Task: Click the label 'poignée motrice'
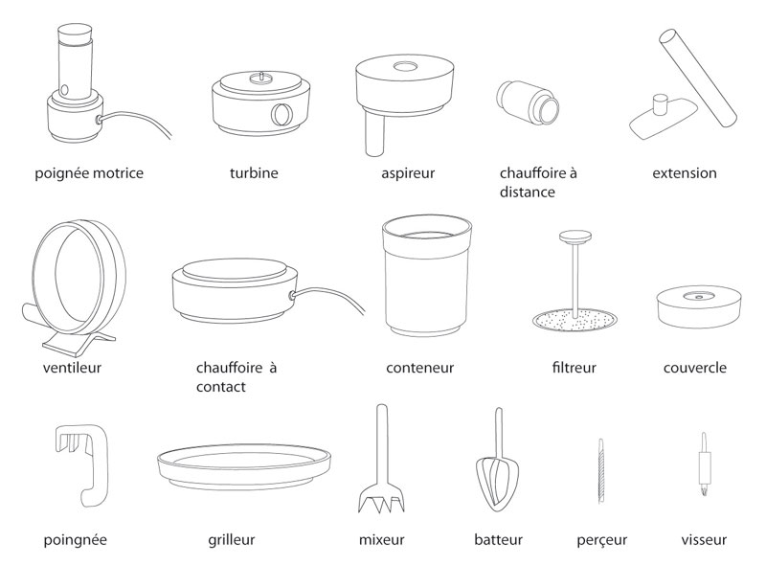(x=89, y=173)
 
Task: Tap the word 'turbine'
(x=254, y=173)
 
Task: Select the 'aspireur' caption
(x=408, y=174)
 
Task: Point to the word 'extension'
(x=685, y=173)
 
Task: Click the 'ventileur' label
(x=72, y=368)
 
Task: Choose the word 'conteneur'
(x=419, y=368)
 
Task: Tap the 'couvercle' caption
(x=695, y=368)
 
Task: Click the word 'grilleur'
(x=231, y=540)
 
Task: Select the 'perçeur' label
(x=602, y=540)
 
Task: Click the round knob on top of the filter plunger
(x=575, y=237)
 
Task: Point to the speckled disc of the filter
(x=574, y=320)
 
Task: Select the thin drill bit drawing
(x=601, y=471)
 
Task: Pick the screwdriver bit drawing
(x=704, y=464)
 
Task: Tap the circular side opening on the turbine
(x=282, y=114)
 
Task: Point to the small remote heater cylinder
(x=529, y=102)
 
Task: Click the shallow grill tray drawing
(x=244, y=465)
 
